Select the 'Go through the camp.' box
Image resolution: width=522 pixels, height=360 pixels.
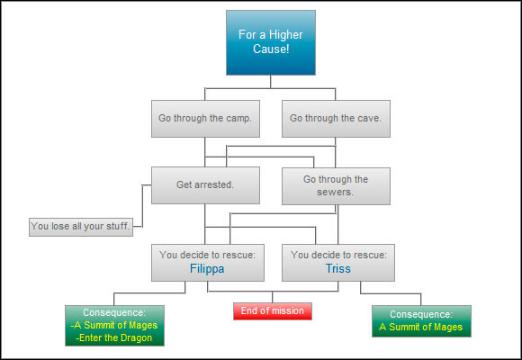pos(206,118)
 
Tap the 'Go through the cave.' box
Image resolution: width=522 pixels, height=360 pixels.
pos(336,118)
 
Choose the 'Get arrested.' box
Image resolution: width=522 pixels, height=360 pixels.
pos(206,185)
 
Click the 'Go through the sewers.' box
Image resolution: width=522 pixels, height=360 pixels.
pos(336,185)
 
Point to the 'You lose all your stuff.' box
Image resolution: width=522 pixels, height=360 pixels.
pos(81,227)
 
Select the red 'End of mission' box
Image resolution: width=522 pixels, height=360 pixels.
pos(273,311)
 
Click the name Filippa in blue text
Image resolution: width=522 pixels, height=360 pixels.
pos(207,268)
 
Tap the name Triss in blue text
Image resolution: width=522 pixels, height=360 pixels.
pos(337,268)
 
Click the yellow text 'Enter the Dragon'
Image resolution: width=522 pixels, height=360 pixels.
pos(114,337)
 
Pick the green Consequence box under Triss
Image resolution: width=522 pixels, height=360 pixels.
pos(421,320)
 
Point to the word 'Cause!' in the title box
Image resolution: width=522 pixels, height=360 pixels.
pos(271,49)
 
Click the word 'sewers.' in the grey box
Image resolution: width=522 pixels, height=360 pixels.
pos(336,193)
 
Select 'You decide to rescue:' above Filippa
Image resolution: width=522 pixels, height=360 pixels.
pos(207,255)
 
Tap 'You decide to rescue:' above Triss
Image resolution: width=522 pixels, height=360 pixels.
pos(337,255)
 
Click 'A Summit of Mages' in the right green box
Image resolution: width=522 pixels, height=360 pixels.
pos(421,327)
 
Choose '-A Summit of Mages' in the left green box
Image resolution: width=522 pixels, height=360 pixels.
pos(114,325)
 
